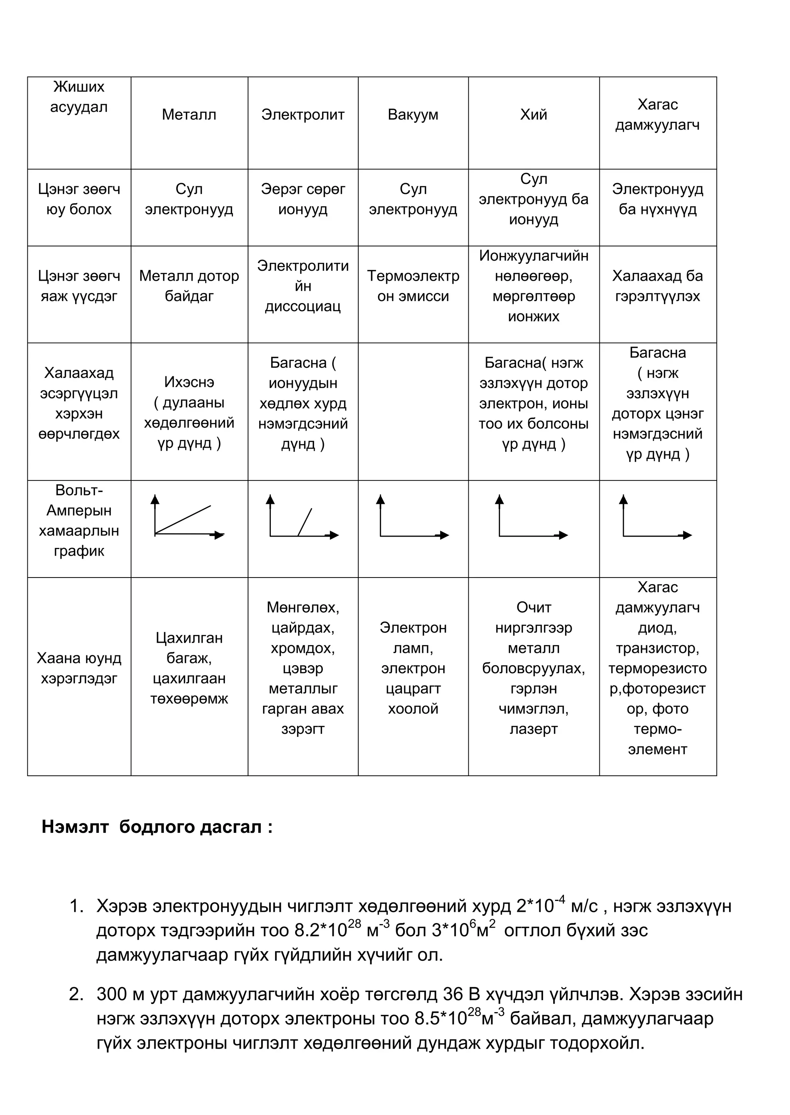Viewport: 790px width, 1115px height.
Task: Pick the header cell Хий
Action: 533,115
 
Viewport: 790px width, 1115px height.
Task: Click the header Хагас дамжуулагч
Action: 657,115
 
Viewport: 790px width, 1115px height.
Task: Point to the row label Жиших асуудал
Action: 79,97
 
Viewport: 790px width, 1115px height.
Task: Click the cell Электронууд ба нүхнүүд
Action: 657,199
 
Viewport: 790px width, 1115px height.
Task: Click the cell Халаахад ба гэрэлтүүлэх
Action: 657,286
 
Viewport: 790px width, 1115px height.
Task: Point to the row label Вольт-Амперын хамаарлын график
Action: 79,520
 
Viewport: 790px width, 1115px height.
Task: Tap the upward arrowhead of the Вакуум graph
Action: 380,499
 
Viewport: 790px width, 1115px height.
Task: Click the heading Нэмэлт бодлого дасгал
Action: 157,827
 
